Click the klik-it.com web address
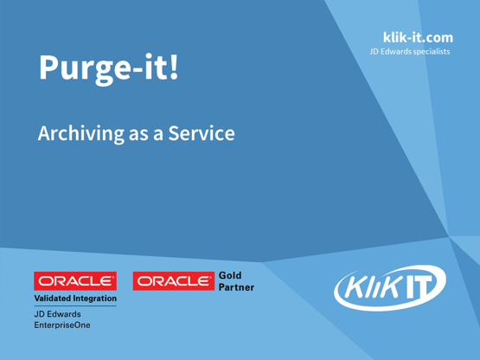(x=411, y=38)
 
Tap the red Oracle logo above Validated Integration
(x=75, y=281)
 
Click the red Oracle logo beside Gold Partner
(x=173, y=281)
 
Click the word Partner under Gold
(x=240, y=287)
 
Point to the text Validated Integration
(x=75, y=299)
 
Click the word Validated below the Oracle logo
(x=54, y=299)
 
